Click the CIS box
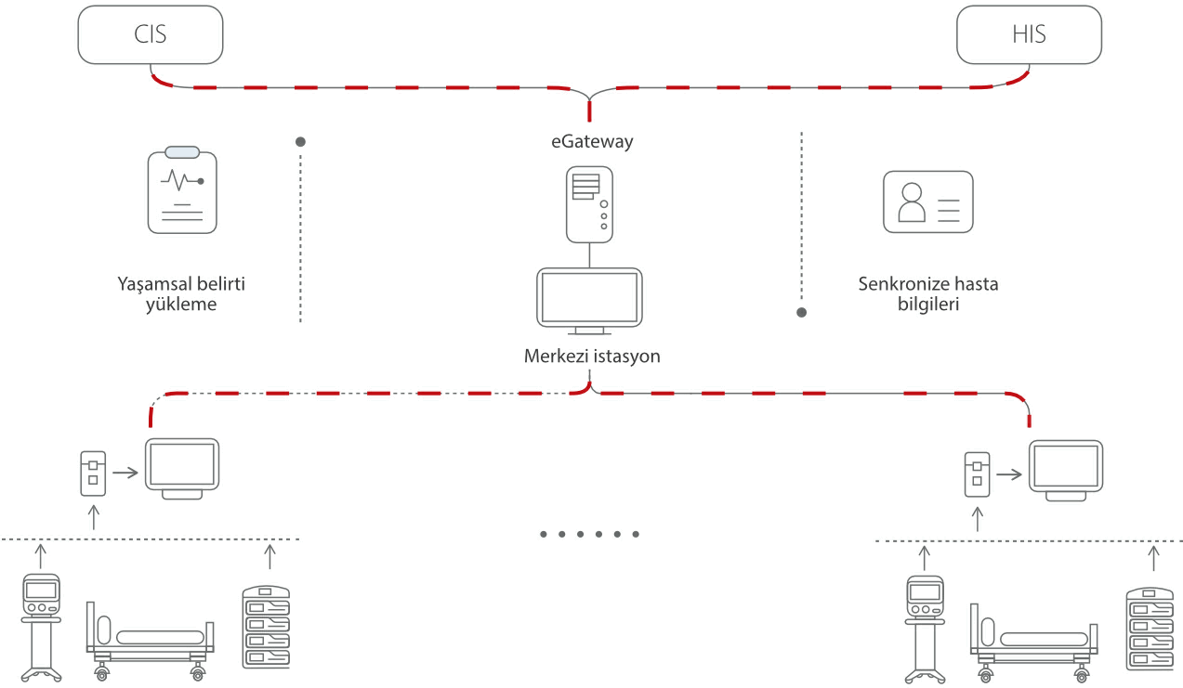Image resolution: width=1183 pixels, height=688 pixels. [x=151, y=35]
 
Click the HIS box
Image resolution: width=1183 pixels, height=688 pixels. [x=1029, y=35]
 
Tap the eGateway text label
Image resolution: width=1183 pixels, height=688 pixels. [x=590, y=142]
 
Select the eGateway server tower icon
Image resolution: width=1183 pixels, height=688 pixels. [x=590, y=203]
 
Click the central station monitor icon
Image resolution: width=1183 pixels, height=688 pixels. [x=590, y=301]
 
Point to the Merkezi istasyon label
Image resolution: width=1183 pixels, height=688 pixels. [x=591, y=357]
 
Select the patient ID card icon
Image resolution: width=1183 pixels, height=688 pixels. [x=927, y=201]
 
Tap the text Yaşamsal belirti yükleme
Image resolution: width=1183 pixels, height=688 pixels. [x=181, y=293]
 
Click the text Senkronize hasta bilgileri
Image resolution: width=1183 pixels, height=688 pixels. [x=927, y=293]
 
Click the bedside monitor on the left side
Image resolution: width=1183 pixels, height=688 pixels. [x=181, y=468]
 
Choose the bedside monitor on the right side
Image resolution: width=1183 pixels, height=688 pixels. [x=1066, y=468]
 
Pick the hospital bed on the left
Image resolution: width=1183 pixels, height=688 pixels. [x=151, y=639]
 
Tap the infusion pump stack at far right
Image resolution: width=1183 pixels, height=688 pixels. [x=1150, y=628]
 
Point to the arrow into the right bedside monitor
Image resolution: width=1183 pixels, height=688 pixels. [x=1010, y=474]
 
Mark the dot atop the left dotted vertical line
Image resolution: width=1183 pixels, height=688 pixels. [x=300, y=142]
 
